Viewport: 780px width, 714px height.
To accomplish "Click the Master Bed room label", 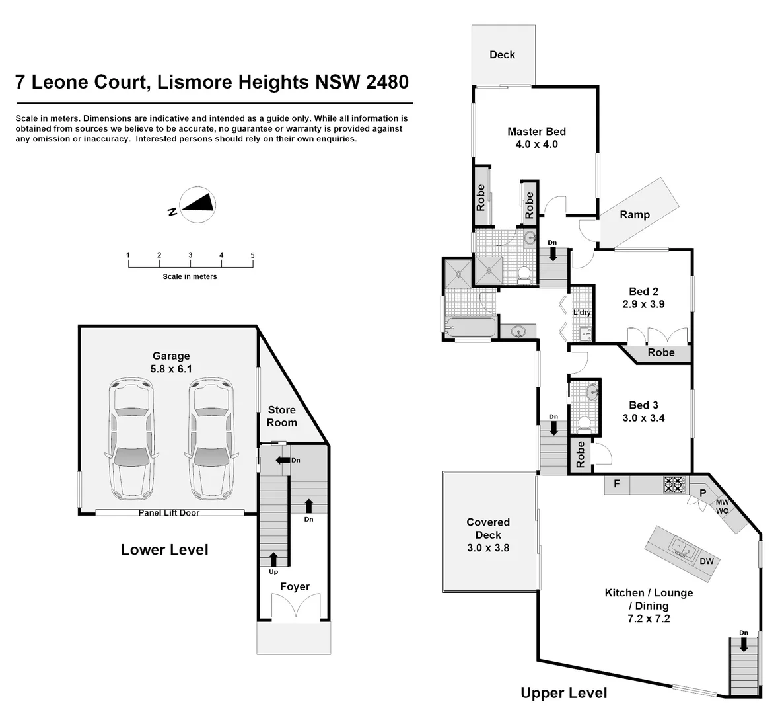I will (x=536, y=132).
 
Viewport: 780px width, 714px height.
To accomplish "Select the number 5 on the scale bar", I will (x=252, y=255).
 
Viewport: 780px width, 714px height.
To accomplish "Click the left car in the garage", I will (x=131, y=438).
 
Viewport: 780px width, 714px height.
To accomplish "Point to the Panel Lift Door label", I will (x=168, y=513).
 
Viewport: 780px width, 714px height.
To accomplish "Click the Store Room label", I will (x=281, y=416).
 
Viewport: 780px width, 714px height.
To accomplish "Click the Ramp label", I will (x=634, y=214).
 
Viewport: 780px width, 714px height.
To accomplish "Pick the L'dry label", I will (x=582, y=312).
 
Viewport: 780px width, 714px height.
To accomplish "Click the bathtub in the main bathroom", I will (x=471, y=327).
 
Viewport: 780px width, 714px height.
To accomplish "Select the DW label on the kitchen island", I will (x=706, y=561).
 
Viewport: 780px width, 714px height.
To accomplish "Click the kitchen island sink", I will (x=680, y=548).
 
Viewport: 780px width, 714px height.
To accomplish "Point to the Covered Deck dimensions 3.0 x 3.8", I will (x=488, y=547).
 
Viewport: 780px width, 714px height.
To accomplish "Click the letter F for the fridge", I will (x=616, y=484).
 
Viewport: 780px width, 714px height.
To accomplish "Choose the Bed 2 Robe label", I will (x=660, y=353).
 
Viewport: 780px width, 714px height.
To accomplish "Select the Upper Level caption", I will (x=563, y=693).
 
